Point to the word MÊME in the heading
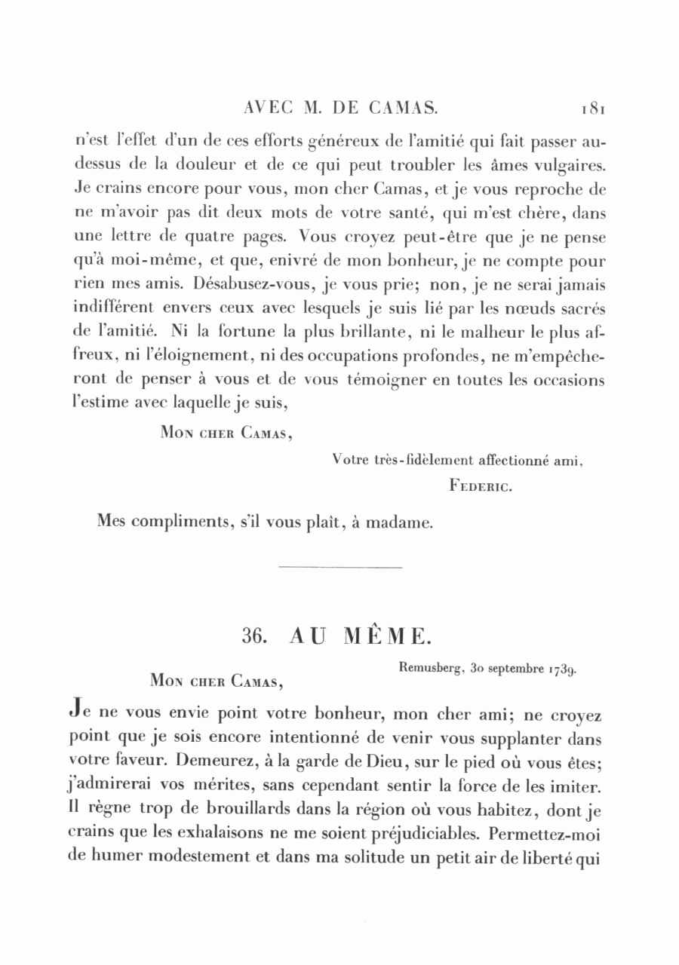[388, 635]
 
